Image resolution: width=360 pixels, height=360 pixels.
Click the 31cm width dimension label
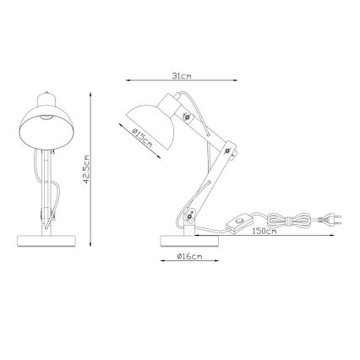click(x=179, y=75)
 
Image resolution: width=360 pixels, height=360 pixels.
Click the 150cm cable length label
click(x=265, y=231)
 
